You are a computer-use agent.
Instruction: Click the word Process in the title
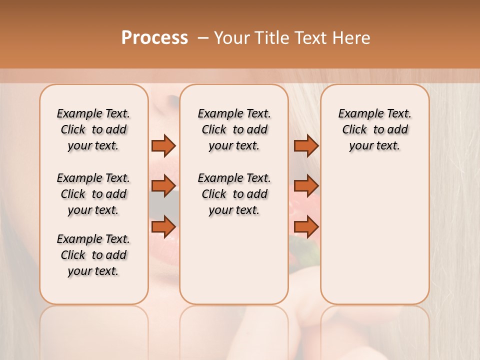pyautogui.click(x=154, y=38)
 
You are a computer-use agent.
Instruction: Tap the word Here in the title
pyautogui.click(x=352, y=38)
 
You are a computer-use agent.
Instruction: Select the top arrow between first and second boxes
pyautogui.click(x=163, y=145)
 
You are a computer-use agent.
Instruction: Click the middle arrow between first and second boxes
pyautogui.click(x=163, y=186)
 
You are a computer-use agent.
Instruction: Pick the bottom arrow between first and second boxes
pyautogui.click(x=163, y=226)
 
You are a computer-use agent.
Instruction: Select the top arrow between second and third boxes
pyautogui.click(x=306, y=145)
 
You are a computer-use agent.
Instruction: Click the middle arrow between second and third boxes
pyautogui.click(x=306, y=186)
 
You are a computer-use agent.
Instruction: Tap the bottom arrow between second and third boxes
pyautogui.click(x=306, y=226)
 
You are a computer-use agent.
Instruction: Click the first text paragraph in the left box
pyautogui.click(x=93, y=129)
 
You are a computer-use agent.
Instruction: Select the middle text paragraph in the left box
pyautogui.click(x=93, y=194)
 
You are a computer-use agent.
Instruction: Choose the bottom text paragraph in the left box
pyautogui.click(x=93, y=255)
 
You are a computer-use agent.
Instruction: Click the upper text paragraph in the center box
pyautogui.click(x=234, y=129)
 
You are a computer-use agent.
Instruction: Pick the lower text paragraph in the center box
pyautogui.click(x=234, y=194)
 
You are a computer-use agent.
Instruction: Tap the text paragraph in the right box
pyautogui.click(x=375, y=129)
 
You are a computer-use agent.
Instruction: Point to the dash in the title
pyautogui.click(x=203, y=38)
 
